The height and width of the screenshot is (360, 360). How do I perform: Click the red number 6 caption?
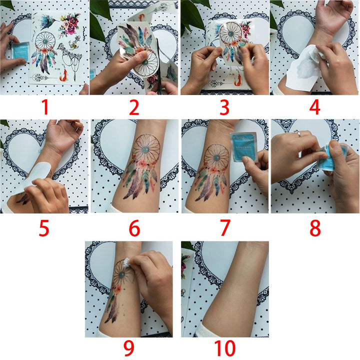[x=134, y=228]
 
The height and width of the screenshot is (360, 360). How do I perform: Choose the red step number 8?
[x=314, y=228]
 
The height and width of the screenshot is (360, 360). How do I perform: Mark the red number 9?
[x=129, y=348]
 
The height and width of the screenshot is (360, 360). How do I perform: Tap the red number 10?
[x=224, y=348]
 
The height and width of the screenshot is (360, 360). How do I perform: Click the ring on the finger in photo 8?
[x=296, y=133]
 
